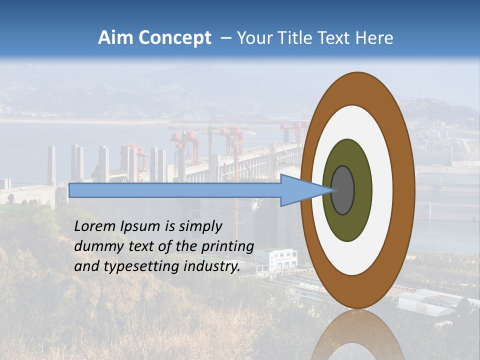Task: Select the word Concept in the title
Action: (174, 38)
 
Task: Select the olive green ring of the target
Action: (347, 222)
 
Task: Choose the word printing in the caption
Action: (228, 247)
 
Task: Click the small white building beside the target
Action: (275, 260)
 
